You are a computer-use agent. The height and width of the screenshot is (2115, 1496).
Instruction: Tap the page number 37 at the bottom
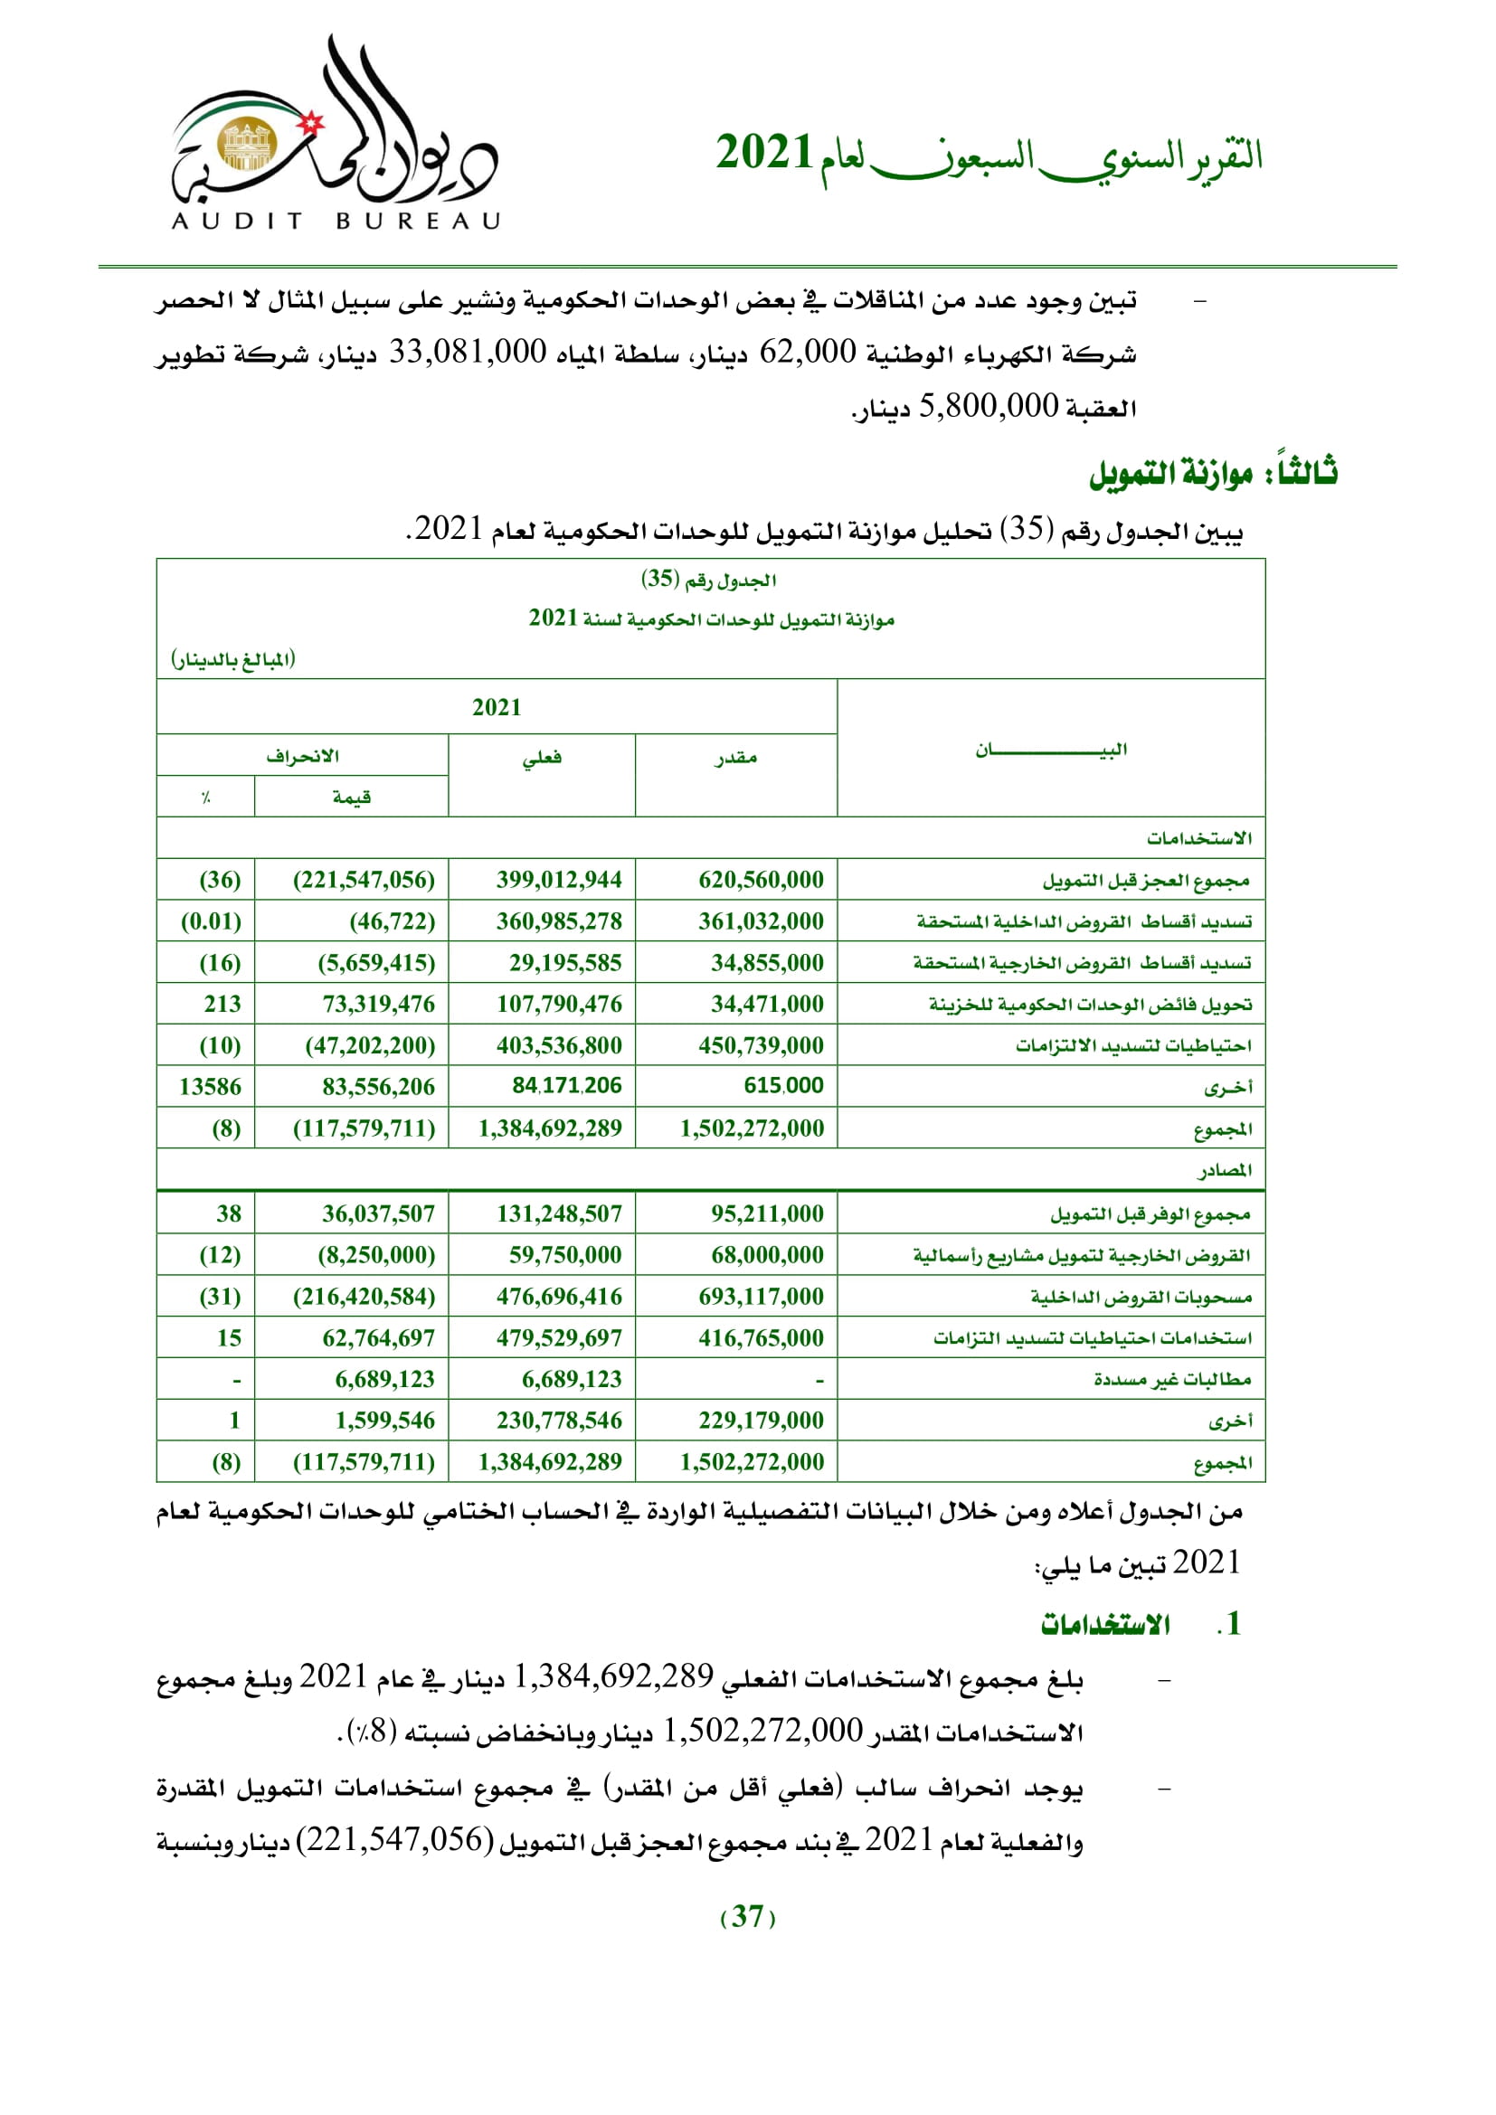tap(747, 1916)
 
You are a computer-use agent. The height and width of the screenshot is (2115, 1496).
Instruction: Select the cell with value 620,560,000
tap(761, 880)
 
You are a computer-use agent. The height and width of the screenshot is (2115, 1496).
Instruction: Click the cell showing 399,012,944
tap(559, 880)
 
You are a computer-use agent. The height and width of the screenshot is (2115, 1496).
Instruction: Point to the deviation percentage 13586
tap(210, 1087)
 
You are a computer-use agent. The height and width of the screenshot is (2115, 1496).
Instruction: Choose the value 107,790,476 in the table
tap(559, 1004)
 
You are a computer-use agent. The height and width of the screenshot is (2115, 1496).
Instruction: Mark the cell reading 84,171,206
tap(566, 1086)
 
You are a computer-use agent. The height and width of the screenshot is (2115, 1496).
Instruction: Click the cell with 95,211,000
tap(767, 1213)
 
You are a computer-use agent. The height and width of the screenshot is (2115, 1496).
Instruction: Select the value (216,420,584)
tap(364, 1296)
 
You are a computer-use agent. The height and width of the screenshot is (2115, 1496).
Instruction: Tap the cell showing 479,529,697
tap(559, 1337)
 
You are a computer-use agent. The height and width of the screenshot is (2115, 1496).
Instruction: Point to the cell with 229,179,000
tap(761, 1420)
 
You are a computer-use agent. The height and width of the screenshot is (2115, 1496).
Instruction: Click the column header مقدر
tap(736, 757)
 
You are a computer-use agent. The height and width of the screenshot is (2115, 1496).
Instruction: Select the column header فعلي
tap(542, 757)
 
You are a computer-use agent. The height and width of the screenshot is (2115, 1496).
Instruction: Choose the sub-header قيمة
tap(352, 797)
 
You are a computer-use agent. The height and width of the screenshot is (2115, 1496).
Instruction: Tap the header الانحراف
tap(302, 755)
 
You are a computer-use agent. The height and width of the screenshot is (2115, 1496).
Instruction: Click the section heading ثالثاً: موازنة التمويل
tap(1212, 474)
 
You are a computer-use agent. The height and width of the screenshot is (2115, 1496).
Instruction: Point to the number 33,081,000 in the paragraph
tap(467, 352)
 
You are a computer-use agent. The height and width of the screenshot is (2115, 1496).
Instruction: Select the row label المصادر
tap(1225, 1170)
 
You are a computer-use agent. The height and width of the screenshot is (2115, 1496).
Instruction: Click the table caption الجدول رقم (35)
tap(708, 580)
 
